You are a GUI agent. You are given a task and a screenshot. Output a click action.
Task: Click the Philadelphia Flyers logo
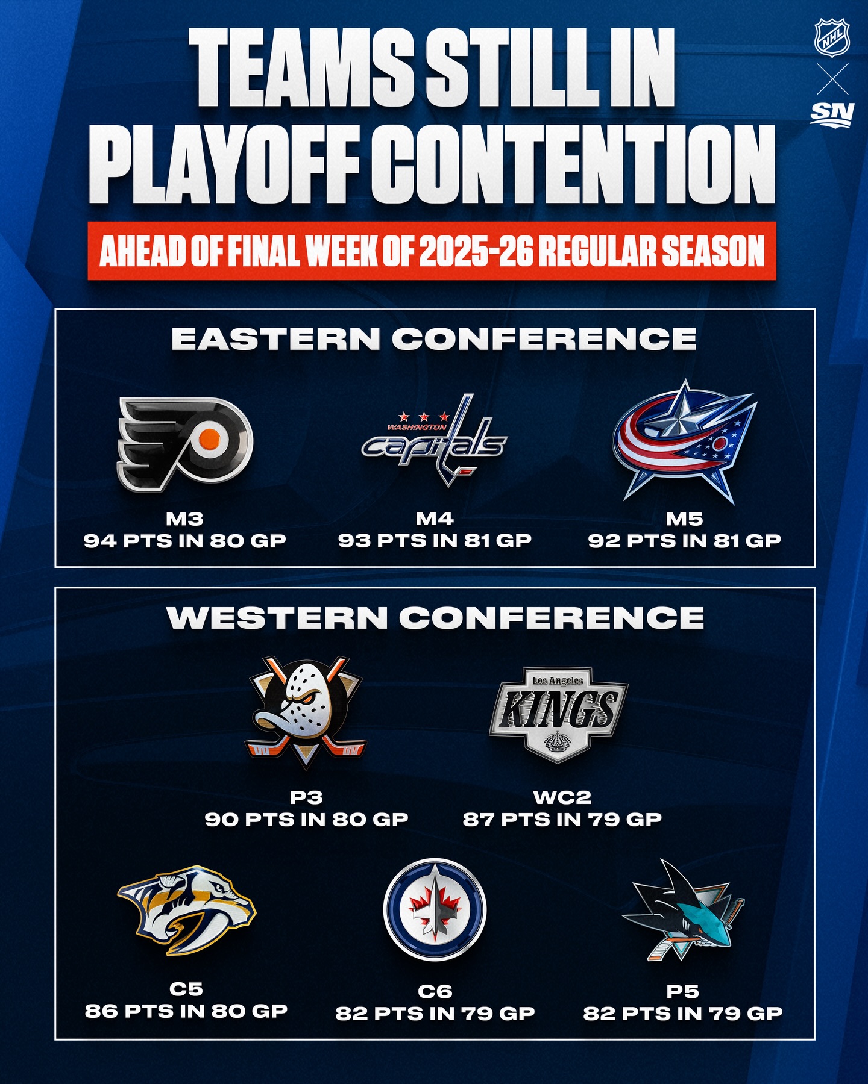pos(184,443)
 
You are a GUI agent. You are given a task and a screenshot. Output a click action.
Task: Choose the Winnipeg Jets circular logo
pos(435,909)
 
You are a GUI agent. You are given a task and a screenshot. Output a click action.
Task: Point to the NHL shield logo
pos(832,37)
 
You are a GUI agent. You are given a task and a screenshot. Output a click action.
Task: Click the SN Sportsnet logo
pos(832,114)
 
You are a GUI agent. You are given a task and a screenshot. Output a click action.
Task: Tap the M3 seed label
pos(185,519)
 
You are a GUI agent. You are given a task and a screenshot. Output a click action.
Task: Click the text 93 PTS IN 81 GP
pos(435,541)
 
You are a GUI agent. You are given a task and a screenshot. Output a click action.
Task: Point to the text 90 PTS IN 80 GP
pos(307,820)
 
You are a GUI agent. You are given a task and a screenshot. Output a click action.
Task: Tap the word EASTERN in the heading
pos(276,339)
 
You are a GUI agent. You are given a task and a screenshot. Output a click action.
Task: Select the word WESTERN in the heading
pos(277,618)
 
